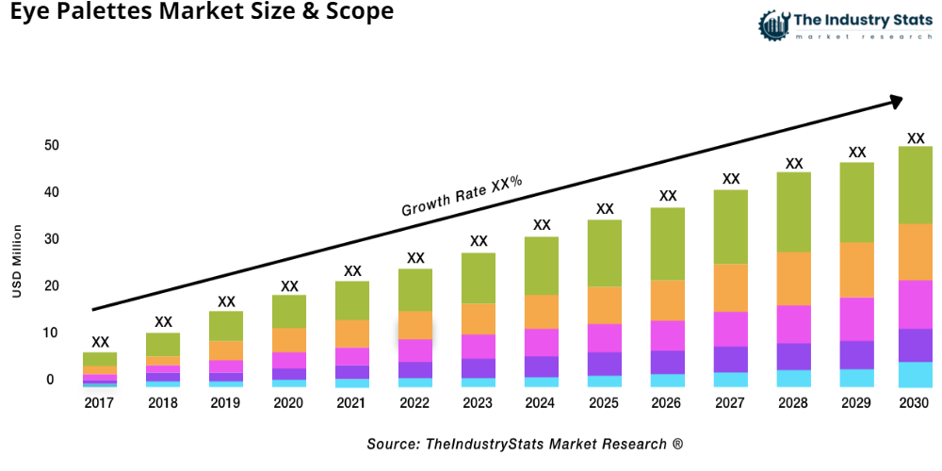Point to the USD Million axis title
click(16, 261)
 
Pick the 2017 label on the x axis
click(100, 403)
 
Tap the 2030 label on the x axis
click(915, 403)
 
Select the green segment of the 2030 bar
click(915, 185)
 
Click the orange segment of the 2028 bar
click(794, 279)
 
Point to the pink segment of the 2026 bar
click(668, 335)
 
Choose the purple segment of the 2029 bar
click(856, 354)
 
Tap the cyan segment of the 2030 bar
click(915, 374)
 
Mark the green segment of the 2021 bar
click(352, 300)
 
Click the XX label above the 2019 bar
click(226, 301)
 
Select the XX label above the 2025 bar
click(605, 209)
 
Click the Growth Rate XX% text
click(462, 196)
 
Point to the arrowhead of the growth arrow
click(896, 99)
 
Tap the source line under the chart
click(525, 443)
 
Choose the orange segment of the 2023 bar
click(479, 318)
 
